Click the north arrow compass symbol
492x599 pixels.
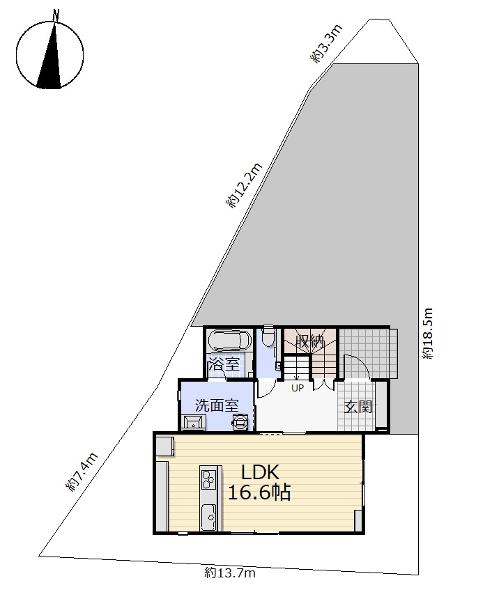[x=49, y=54]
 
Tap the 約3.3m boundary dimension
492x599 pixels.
[x=325, y=44]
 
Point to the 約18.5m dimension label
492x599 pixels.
[x=428, y=333]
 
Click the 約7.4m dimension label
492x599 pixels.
[x=82, y=472]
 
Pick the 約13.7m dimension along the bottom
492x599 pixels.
[x=230, y=573]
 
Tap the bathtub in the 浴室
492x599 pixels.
[x=229, y=341]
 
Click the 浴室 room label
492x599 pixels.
[x=224, y=364]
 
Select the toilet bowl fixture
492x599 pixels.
[x=269, y=336]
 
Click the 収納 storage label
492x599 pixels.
[x=309, y=341]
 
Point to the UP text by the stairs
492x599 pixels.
[x=298, y=388]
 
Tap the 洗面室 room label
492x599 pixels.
[x=217, y=405]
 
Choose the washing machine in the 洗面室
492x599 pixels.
[x=240, y=422]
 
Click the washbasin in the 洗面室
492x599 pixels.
[x=194, y=423]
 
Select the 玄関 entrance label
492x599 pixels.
[x=358, y=407]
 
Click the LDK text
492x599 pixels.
[x=261, y=472]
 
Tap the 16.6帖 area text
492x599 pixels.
[x=259, y=492]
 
